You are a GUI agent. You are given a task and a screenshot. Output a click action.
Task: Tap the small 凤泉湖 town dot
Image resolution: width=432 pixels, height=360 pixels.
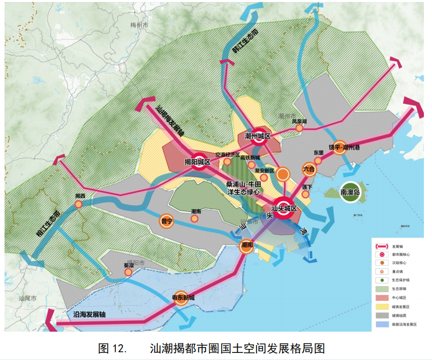299,128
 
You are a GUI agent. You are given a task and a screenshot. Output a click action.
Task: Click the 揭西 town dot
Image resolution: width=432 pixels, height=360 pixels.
78,204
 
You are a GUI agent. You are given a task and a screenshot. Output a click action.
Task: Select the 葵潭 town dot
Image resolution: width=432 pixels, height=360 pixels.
128,272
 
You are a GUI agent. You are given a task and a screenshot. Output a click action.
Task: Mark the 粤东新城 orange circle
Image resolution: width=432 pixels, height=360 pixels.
182,297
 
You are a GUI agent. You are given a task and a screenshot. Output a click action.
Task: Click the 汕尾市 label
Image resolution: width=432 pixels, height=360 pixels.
27,299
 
